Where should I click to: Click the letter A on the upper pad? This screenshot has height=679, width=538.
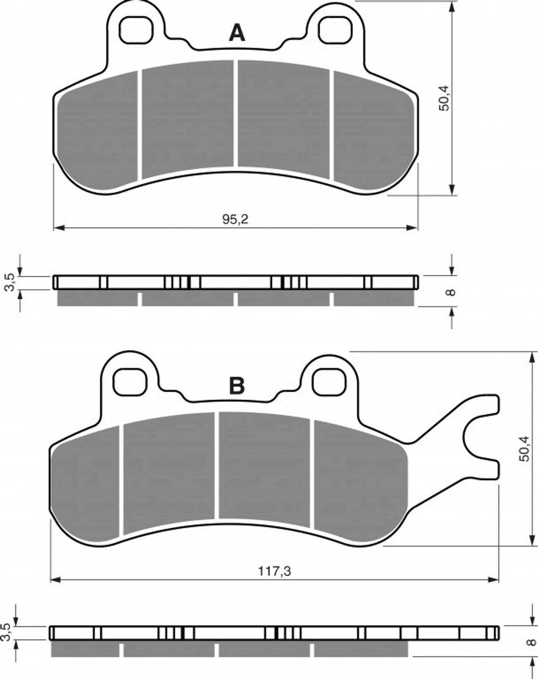[x=237, y=34]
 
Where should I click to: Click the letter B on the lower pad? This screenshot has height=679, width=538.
[x=237, y=386]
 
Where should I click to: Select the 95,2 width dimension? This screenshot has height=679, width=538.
[x=235, y=219]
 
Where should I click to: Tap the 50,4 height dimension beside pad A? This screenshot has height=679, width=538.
[x=445, y=98]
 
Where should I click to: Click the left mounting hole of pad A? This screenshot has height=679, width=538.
[x=136, y=30]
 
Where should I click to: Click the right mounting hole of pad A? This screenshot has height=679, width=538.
[x=335, y=30]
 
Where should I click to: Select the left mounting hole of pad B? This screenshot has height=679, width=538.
[x=130, y=382]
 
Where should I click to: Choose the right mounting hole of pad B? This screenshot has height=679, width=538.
[x=329, y=382]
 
